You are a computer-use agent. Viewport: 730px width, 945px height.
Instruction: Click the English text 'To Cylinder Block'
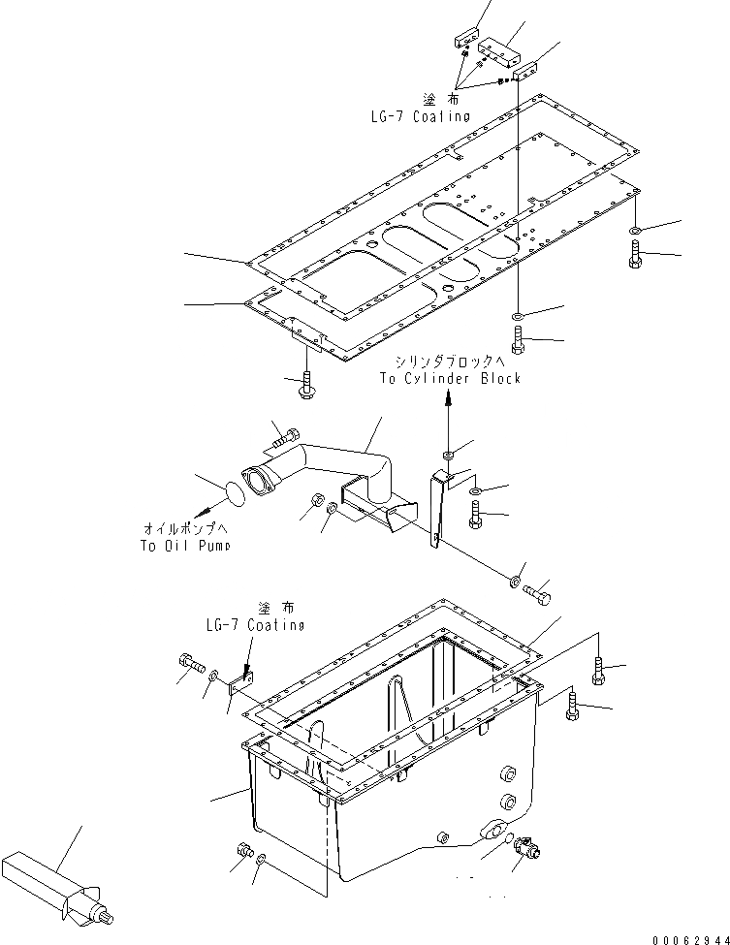tap(450, 378)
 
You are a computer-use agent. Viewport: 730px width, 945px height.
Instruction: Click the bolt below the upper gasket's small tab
tap(306, 387)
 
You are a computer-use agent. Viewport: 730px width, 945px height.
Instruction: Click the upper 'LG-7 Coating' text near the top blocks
tap(420, 116)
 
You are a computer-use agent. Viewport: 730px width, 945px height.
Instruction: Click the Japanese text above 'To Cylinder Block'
tap(450, 362)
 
